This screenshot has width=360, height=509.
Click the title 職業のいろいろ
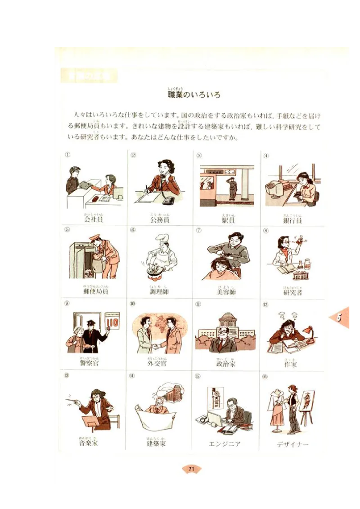click(x=194, y=95)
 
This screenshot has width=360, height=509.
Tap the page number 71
click(x=191, y=469)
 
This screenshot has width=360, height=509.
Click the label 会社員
click(x=94, y=220)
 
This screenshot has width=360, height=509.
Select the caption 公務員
click(x=160, y=220)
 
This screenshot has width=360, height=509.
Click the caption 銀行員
click(x=292, y=220)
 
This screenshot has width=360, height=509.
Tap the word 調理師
click(x=160, y=291)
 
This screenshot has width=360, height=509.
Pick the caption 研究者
click(x=292, y=292)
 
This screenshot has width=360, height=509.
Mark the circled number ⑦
click(x=198, y=231)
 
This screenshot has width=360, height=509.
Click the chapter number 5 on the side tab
click(x=340, y=317)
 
